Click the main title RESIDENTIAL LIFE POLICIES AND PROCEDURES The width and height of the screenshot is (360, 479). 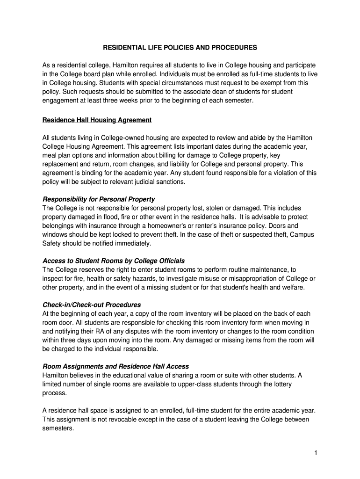[180, 48]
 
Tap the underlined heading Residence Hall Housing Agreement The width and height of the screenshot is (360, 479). [97, 120]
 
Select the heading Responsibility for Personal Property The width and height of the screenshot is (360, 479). [99, 199]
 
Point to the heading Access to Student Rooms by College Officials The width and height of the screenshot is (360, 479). [114, 261]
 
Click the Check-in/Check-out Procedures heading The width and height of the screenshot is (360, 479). [92, 305]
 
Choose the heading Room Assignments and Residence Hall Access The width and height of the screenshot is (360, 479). [115, 366]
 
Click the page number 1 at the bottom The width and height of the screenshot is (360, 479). [316, 453]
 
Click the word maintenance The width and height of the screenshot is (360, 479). [268, 270]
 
